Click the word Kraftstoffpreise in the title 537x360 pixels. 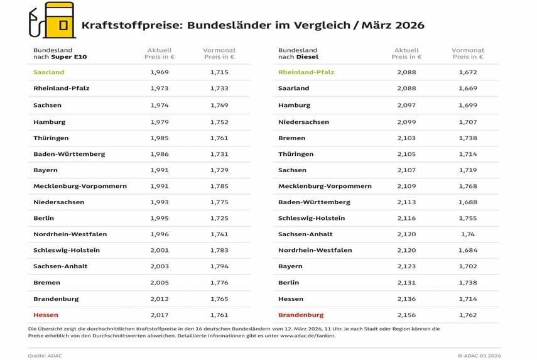[x=124, y=26]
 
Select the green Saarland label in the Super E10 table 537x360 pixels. [x=49, y=72]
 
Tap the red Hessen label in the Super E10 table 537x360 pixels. [x=46, y=315]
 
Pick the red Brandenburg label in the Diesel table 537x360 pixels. [x=301, y=315]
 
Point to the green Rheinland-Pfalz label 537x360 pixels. [x=306, y=72]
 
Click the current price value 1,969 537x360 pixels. [x=160, y=72]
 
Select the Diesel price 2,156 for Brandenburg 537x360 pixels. [x=406, y=315]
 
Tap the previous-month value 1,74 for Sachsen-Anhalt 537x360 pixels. [x=468, y=234]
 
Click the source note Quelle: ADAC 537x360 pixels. [x=45, y=356]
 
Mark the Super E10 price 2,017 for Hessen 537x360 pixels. [x=160, y=315]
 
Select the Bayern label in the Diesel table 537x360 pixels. [x=290, y=266]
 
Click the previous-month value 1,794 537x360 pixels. [x=219, y=266]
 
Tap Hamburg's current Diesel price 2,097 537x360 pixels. [x=406, y=105]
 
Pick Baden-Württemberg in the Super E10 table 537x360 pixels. [x=69, y=153]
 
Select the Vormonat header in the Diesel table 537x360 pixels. [x=468, y=50]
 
